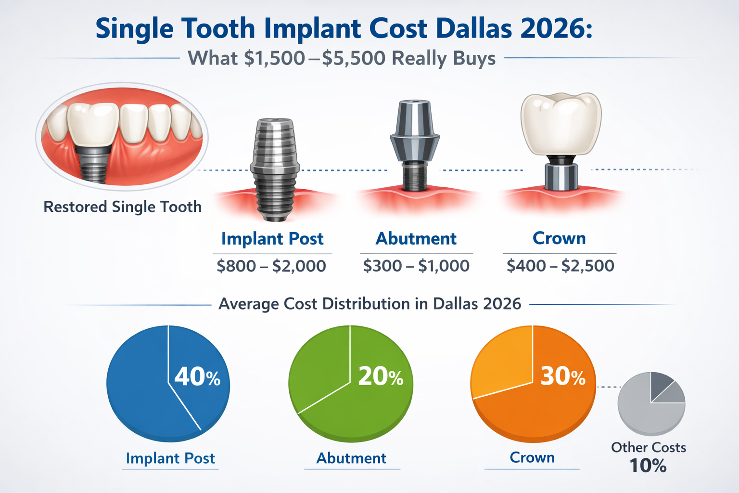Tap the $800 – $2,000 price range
(x=271, y=266)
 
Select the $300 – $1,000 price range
(x=416, y=266)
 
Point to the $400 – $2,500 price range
(x=560, y=266)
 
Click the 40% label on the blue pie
(x=197, y=376)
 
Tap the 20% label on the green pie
(x=381, y=376)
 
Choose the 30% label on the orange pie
(x=563, y=376)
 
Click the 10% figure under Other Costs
(x=648, y=466)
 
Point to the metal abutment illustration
(x=415, y=140)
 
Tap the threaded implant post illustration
(x=275, y=169)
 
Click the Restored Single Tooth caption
(x=122, y=207)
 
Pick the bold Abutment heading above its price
(x=416, y=239)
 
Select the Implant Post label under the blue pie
(x=170, y=458)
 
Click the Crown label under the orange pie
(x=532, y=457)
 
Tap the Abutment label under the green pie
(x=351, y=458)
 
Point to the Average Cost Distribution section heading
(x=369, y=304)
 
